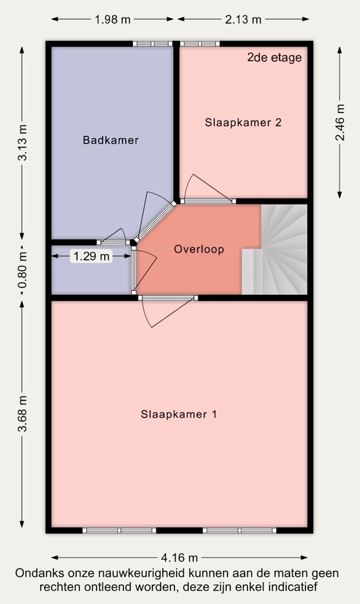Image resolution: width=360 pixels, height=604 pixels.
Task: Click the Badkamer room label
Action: point(110,140)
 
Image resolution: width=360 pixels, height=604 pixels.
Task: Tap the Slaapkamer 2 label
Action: point(243,123)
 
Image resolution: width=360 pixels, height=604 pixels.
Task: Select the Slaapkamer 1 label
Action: point(178,414)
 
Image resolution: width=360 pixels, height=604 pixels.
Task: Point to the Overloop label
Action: point(199,249)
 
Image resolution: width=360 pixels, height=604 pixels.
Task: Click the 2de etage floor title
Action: point(274,58)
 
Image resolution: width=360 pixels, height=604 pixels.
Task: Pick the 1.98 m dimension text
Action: point(112,20)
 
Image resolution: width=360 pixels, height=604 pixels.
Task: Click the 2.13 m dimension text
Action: point(243,20)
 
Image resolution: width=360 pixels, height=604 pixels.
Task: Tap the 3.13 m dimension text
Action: point(22,143)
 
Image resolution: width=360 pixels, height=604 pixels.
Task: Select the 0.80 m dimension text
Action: point(22,270)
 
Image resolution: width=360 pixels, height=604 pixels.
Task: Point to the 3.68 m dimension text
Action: point(22,414)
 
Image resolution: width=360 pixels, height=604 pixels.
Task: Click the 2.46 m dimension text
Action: point(340,122)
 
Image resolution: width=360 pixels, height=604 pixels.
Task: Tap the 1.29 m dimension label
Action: point(91,256)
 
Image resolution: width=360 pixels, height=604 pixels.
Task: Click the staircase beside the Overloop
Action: point(274,249)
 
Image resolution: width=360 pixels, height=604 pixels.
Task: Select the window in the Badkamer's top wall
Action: point(152,44)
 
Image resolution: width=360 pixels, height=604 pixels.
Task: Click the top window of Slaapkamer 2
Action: point(200,44)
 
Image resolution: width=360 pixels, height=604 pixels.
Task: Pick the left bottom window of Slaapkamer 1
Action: point(119,530)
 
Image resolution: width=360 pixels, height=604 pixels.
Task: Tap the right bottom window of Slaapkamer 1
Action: point(239,530)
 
